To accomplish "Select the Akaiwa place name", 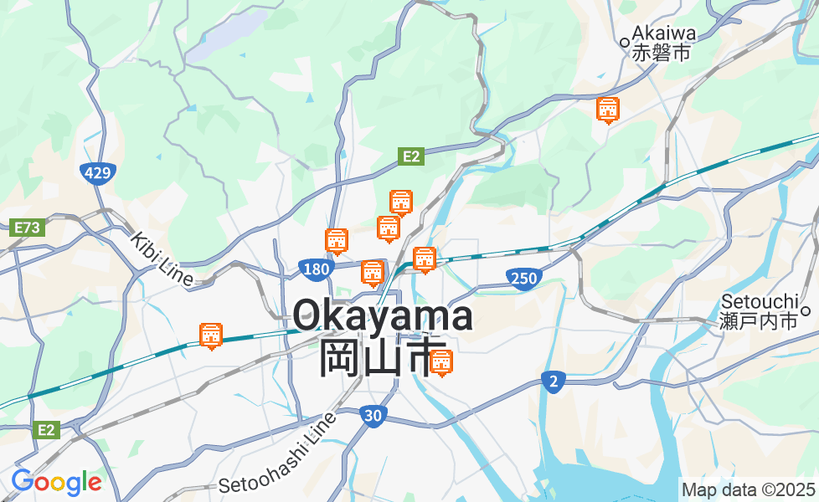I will tap(664, 33).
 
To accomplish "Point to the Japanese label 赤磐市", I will tap(662, 53).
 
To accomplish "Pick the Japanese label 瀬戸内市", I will tap(758, 320).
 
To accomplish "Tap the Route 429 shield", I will tap(97, 173).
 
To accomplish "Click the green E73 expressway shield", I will tap(28, 227).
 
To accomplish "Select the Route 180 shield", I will tap(316, 269).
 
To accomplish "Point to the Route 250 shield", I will tap(522, 278).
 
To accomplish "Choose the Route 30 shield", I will tap(373, 414).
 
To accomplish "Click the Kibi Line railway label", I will tap(162, 259).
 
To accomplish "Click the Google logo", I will tap(55, 482).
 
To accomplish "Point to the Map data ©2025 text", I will tap(748, 489).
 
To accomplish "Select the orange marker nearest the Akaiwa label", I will tap(608, 110).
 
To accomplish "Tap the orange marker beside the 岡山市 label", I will tap(441, 362).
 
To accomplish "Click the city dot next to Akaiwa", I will tap(625, 40).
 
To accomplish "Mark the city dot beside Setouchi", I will tap(806, 311).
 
